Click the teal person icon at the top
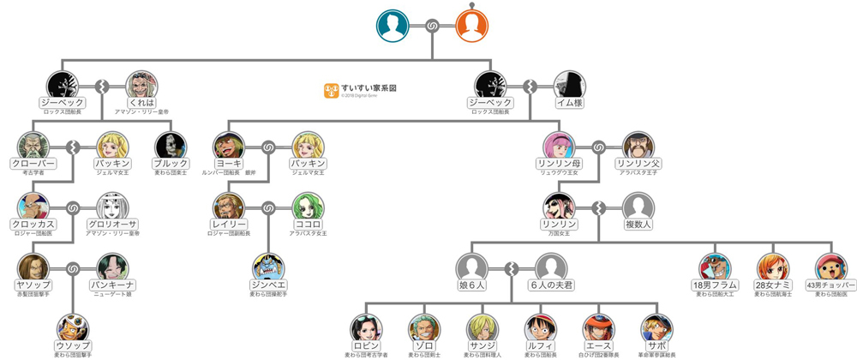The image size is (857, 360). (393, 25)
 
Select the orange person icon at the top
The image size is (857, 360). (473, 25)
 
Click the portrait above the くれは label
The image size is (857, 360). (142, 86)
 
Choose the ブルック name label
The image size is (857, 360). (171, 163)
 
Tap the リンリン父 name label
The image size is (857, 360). (638, 163)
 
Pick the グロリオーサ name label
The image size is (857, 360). (113, 224)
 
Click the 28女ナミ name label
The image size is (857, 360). (772, 285)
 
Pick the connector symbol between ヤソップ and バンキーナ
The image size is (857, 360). (74, 269)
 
